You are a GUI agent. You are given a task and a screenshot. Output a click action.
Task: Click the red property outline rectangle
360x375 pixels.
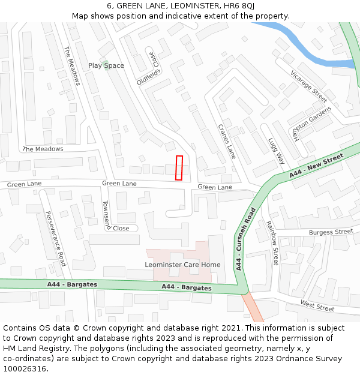coord(179,167)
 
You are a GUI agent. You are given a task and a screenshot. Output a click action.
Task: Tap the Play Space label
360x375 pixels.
coord(106,65)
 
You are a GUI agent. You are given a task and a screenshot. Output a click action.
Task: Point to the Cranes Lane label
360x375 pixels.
coord(226,142)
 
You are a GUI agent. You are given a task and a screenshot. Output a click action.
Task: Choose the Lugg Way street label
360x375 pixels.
coord(276,151)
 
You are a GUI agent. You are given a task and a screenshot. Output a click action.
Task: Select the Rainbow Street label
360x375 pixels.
coord(272,242)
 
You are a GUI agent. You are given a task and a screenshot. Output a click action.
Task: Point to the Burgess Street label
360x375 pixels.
coord(331,232)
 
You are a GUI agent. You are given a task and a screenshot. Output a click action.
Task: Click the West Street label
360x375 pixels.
coord(317,306)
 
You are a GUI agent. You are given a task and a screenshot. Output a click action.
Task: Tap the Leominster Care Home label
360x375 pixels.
coord(182,265)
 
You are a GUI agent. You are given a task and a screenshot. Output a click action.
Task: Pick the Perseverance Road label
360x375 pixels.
coord(55,238)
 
